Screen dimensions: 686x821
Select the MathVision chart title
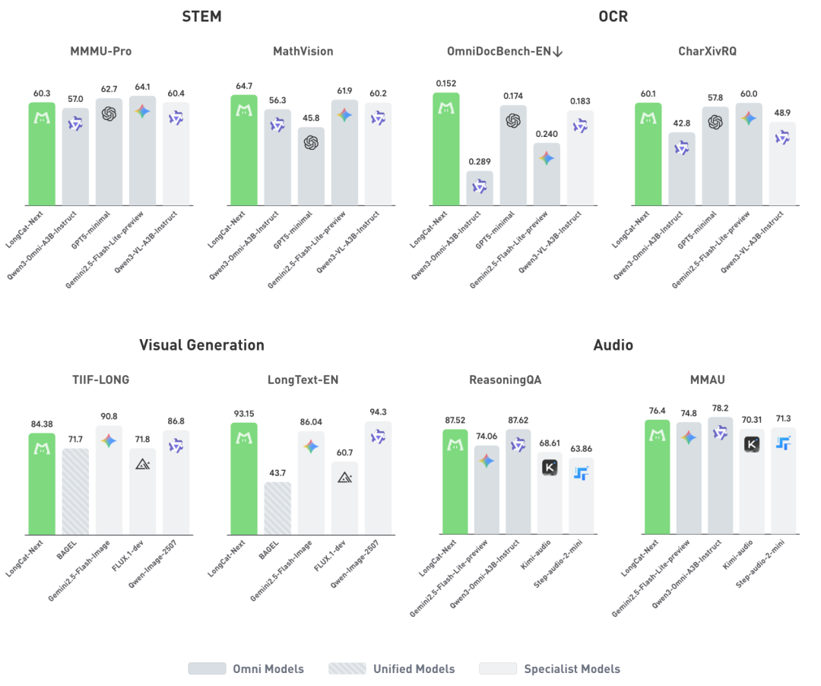click(303, 52)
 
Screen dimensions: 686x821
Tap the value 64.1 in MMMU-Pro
click(142, 86)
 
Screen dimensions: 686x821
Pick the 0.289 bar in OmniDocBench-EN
click(480, 189)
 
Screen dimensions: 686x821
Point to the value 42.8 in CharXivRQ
click(682, 122)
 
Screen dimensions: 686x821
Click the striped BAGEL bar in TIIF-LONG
click(75, 491)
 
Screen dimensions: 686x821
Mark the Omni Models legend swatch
click(207, 669)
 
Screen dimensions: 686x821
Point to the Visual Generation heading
click(201, 345)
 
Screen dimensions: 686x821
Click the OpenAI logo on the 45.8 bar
click(311, 142)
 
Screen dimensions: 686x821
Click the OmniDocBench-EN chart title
click(504, 52)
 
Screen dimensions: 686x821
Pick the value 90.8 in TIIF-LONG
click(109, 416)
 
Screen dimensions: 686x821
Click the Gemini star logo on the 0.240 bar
click(547, 158)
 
